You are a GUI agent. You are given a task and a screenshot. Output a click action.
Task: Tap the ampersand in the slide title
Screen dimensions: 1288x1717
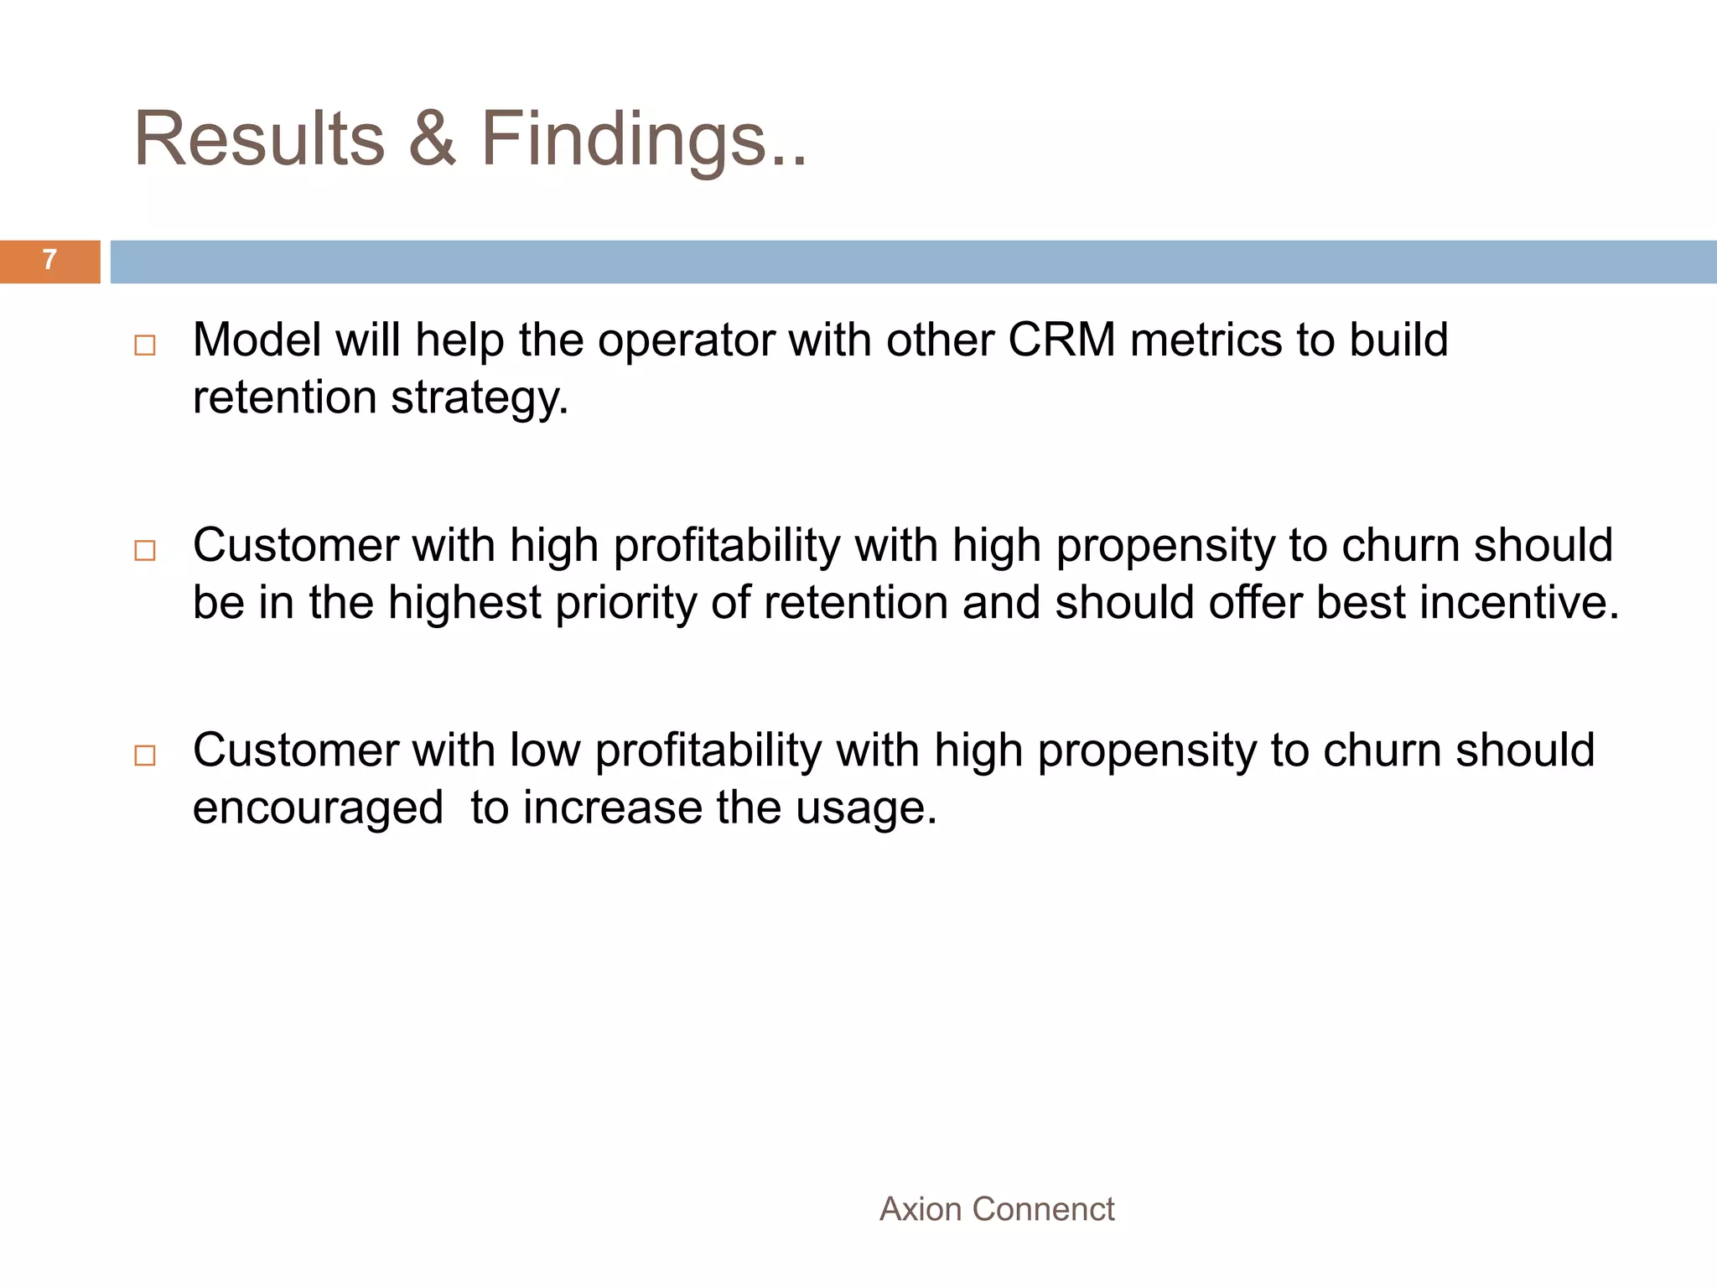(433, 139)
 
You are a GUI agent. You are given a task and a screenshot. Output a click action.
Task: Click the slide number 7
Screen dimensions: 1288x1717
(49, 261)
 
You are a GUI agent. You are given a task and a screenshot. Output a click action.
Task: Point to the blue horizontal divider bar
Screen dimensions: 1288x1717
(912, 262)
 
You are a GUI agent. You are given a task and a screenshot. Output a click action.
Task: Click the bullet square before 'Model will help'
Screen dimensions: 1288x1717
(145, 345)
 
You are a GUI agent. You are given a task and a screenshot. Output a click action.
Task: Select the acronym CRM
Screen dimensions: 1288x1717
(1061, 340)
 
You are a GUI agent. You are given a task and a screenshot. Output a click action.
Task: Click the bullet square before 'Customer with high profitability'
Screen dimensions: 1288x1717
(145, 551)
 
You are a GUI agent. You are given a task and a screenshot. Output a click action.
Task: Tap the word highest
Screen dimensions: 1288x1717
(464, 603)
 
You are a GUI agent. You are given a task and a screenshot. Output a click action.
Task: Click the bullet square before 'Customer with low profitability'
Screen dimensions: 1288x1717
(145, 756)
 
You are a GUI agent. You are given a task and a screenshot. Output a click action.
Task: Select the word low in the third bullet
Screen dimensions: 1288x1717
(545, 750)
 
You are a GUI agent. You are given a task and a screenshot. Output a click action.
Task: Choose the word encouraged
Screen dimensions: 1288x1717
(318, 808)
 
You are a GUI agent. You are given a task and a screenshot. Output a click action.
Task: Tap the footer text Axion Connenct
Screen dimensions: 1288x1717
(997, 1210)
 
